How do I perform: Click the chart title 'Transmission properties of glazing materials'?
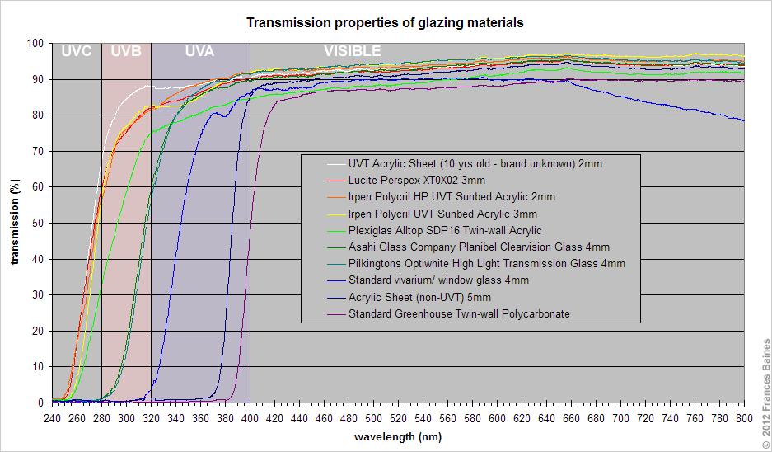pyautogui.click(x=385, y=23)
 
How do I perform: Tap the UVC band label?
pyautogui.click(x=76, y=51)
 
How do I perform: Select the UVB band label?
pyautogui.click(x=125, y=51)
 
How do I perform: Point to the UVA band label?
pyautogui.click(x=199, y=51)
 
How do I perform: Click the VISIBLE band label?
pyautogui.click(x=352, y=51)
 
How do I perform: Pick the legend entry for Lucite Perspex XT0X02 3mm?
pyautogui.click(x=417, y=180)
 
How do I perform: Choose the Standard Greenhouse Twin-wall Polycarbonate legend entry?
pyautogui.click(x=459, y=313)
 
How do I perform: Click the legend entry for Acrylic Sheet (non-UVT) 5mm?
pyautogui.click(x=419, y=297)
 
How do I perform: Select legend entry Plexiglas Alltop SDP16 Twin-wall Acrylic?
pyautogui.click(x=445, y=230)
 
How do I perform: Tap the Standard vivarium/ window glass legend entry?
pyautogui.click(x=438, y=280)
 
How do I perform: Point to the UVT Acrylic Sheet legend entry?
pyautogui.click(x=475, y=163)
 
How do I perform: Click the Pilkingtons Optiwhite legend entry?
pyautogui.click(x=487, y=264)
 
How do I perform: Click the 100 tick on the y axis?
pyautogui.click(x=35, y=43)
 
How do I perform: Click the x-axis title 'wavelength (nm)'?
pyautogui.click(x=397, y=436)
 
